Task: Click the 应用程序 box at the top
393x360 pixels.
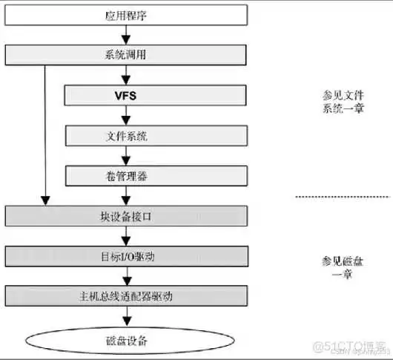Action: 127,15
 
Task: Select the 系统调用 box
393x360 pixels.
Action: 127,55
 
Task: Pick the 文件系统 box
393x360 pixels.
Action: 127,135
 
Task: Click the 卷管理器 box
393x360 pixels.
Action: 127,175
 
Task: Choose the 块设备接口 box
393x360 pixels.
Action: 127,216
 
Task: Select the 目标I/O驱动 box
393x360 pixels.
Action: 127,256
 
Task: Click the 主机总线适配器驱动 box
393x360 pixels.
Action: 127,296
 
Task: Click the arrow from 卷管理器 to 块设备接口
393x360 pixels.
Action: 127,195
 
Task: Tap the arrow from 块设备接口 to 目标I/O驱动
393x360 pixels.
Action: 127,236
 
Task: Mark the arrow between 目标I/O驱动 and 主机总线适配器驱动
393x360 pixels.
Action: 127,276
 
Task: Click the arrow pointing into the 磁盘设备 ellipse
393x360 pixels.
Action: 127,316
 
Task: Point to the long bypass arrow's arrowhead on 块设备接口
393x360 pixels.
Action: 46,200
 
